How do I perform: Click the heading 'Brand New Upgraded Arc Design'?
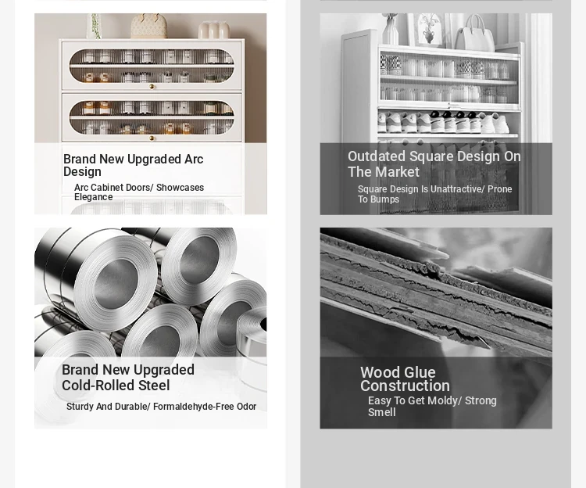(x=133, y=165)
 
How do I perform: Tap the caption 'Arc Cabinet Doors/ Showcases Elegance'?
(x=139, y=192)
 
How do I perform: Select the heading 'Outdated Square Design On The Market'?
(x=434, y=164)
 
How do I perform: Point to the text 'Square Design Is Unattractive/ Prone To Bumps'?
(x=434, y=194)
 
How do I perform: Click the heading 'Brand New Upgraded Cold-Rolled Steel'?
(x=128, y=377)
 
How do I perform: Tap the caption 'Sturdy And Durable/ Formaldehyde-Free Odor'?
(x=161, y=407)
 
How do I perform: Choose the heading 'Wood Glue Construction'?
(x=405, y=379)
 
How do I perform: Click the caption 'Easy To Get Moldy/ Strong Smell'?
(x=432, y=406)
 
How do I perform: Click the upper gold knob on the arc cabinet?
(x=152, y=87)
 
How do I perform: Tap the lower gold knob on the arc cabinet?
(x=152, y=138)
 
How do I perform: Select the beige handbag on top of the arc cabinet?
(x=148, y=26)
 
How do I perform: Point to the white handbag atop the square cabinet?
(x=474, y=34)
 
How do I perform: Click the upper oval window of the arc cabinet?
(x=152, y=66)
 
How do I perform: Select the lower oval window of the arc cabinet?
(x=152, y=117)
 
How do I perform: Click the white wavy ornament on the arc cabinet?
(x=214, y=30)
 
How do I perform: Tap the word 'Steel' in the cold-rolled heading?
(x=154, y=386)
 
